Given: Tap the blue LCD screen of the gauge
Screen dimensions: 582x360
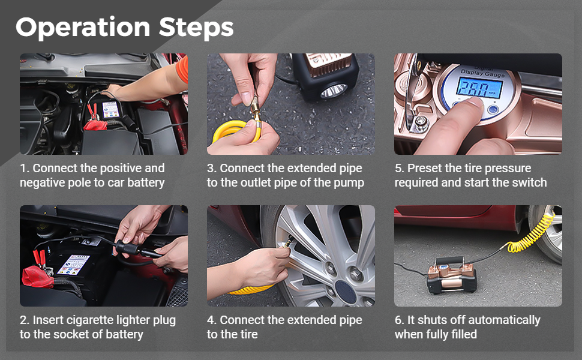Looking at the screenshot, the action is (479, 88).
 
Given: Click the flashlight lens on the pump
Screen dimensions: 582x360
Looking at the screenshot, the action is (334, 91).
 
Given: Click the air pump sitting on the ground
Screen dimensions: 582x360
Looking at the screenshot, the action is (451, 275).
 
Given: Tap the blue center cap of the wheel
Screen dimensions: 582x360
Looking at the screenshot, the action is (346, 292).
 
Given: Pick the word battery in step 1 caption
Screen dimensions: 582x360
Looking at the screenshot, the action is (146, 182).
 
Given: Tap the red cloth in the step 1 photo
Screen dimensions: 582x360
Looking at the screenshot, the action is (95, 125).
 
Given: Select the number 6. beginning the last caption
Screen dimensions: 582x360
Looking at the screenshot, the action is (399, 320).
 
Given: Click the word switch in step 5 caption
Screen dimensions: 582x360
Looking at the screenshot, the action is (529, 182).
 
